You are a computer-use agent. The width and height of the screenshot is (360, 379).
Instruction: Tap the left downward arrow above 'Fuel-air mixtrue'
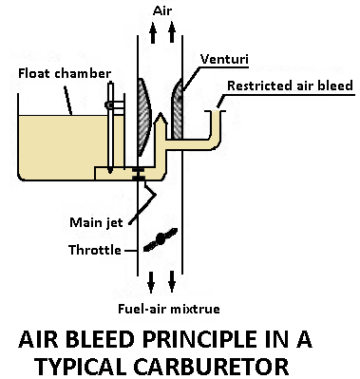(x=147, y=282)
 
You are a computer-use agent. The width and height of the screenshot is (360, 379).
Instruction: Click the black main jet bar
(x=138, y=176)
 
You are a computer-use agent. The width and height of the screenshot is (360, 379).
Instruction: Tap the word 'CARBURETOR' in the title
(x=233, y=365)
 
